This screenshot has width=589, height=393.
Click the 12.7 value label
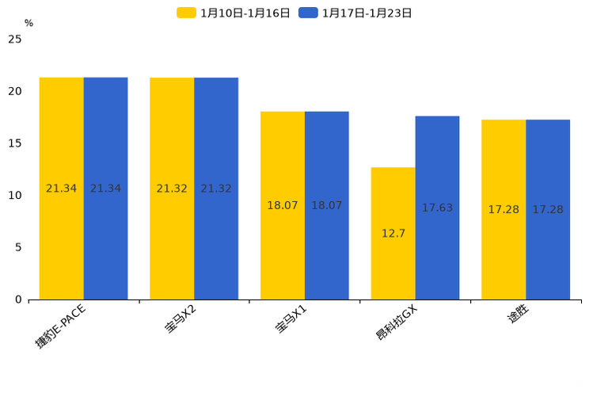pyautogui.click(x=393, y=234)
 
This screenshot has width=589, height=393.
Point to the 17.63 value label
pyautogui.click(x=437, y=208)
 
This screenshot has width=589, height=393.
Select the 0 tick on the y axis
pyautogui.click(x=18, y=300)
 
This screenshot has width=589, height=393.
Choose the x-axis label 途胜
pyautogui.click(x=519, y=316)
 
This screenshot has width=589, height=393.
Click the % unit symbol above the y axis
pyautogui.click(x=28, y=24)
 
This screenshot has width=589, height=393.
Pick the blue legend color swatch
pyautogui.click(x=308, y=13)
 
